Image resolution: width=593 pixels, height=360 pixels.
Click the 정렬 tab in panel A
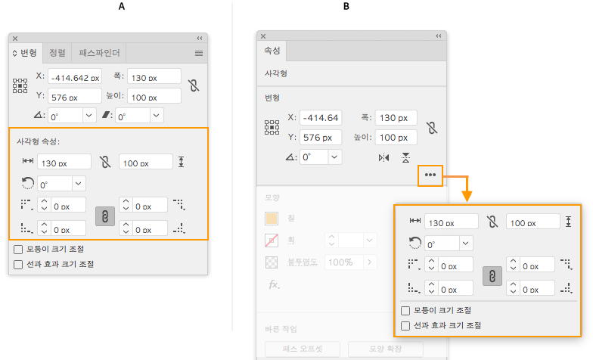click(57, 53)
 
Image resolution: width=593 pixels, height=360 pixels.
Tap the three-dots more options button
click(430, 175)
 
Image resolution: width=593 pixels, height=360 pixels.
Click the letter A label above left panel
click(121, 6)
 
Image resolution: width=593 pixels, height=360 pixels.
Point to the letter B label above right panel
click(346, 6)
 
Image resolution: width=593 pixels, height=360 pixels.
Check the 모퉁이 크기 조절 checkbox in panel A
click(18, 249)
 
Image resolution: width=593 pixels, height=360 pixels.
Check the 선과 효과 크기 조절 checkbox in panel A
click(18, 264)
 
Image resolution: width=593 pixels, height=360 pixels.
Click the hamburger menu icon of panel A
click(199, 53)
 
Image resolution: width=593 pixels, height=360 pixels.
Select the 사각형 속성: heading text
click(38, 141)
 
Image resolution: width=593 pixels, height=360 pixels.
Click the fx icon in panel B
click(272, 284)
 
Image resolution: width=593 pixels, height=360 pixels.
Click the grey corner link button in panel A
click(105, 216)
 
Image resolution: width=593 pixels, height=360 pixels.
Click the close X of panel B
click(263, 36)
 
